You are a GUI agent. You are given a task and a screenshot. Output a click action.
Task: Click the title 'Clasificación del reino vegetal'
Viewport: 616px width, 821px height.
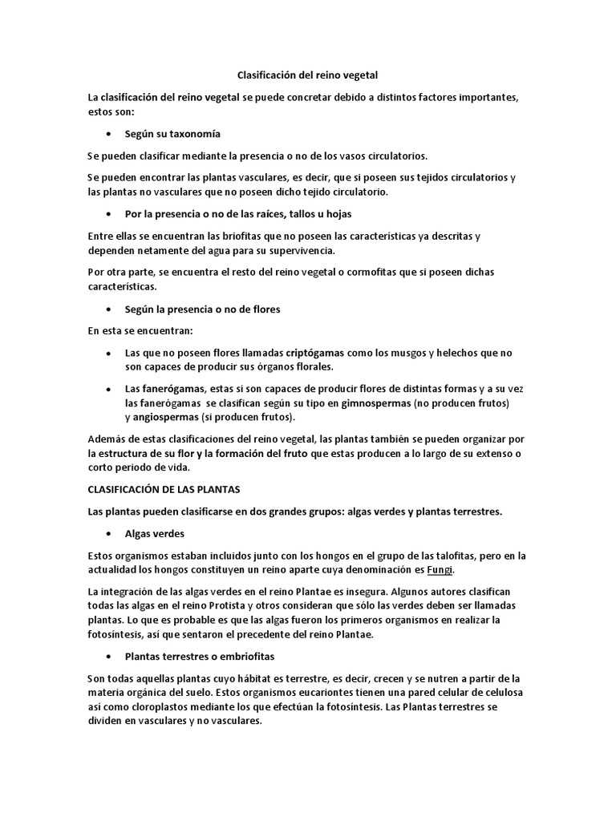[x=308, y=75]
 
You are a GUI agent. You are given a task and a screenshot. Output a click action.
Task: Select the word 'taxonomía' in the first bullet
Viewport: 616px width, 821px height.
[x=192, y=134]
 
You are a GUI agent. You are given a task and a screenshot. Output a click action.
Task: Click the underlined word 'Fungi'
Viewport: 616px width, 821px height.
[x=440, y=570]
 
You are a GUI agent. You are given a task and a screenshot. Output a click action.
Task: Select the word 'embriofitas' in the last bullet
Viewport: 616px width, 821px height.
[x=210, y=656]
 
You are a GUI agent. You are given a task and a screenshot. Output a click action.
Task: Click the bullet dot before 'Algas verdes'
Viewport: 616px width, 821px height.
[x=108, y=532]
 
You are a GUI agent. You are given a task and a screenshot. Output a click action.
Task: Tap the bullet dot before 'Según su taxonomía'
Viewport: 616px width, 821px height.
[x=108, y=134]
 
